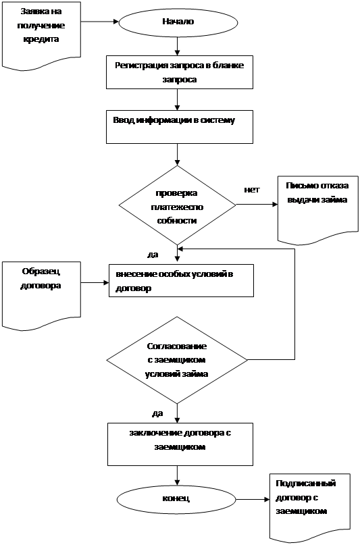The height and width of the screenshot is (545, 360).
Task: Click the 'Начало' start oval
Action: click(x=178, y=22)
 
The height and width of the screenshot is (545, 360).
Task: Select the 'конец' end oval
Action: click(x=176, y=499)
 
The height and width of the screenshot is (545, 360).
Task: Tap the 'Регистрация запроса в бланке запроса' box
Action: click(x=180, y=72)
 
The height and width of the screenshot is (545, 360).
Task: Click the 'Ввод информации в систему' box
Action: click(x=180, y=127)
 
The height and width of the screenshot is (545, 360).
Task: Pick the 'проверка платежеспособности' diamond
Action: click(x=177, y=205)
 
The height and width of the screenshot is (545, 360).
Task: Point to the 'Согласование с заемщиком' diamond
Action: click(x=177, y=360)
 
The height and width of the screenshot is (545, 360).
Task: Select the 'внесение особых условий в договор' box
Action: click(x=181, y=280)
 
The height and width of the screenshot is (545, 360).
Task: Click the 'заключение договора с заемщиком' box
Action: click(x=180, y=444)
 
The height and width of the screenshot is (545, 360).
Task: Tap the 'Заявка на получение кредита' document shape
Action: click(x=41, y=34)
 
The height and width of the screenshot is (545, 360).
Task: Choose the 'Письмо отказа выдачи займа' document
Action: click(x=317, y=209)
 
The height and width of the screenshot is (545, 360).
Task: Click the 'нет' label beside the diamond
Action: click(x=251, y=190)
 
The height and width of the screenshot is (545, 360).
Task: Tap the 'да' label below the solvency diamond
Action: click(x=153, y=255)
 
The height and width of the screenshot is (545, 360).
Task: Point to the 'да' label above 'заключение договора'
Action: click(x=157, y=413)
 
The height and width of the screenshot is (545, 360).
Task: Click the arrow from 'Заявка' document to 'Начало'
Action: click(x=100, y=22)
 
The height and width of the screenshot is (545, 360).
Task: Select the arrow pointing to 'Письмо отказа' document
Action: click(x=257, y=205)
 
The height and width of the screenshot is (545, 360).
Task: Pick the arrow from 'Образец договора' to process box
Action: click(x=95, y=283)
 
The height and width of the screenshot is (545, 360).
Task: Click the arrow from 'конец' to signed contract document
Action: click(x=253, y=500)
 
